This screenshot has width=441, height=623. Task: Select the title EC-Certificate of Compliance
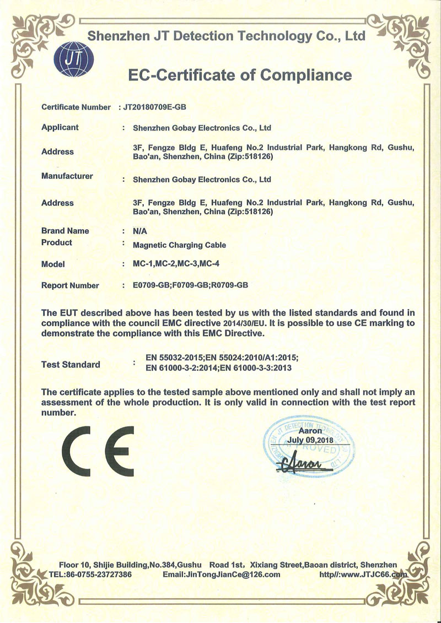click(239, 74)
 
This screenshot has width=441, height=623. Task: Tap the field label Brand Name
click(65, 231)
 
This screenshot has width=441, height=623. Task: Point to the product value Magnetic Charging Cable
click(180, 245)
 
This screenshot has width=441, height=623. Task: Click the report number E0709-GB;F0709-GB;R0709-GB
click(191, 285)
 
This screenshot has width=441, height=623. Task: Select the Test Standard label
click(71, 364)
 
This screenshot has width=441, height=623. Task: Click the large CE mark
click(98, 451)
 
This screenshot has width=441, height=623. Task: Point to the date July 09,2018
click(310, 441)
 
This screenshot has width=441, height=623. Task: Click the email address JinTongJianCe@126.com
click(222, 574)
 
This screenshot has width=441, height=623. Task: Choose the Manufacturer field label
click(67, 176)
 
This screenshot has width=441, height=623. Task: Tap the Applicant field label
click(60, 127)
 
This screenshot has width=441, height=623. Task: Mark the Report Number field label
click(70, 285)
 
